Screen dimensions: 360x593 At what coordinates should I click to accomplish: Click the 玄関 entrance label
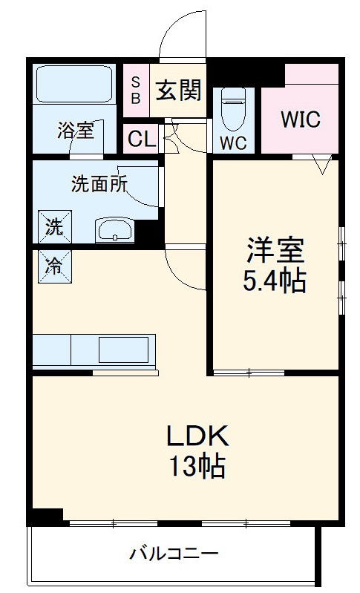click(x=178, y=91)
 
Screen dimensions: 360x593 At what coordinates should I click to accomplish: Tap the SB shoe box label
click(x=136, y=91)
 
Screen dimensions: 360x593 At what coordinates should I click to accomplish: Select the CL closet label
click(x=142, y=140)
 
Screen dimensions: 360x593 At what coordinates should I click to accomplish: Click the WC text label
click(x=233, y=143)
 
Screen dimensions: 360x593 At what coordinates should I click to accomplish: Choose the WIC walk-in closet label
click(x=301, y=119)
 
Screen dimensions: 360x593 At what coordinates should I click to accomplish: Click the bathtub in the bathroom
click(x=74, y=85)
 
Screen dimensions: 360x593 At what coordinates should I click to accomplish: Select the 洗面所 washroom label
click(x=99, y=184)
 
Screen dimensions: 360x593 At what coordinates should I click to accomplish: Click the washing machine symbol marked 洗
click(x=55, y=227)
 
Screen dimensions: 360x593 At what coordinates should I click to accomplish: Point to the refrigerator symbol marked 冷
click(x=55, y=266)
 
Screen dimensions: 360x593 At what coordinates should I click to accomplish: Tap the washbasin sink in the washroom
click(x=114, y=231)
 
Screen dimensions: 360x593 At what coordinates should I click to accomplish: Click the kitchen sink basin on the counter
click(x=124, y=350)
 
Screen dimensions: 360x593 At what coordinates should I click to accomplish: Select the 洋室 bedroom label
click(x=275, y=250)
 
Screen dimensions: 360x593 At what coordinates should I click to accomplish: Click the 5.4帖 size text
click(x=275, y=281)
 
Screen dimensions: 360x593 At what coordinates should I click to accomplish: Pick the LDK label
click(x=197, y=436)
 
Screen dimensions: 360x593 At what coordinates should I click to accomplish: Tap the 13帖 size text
click(x=197, y=466)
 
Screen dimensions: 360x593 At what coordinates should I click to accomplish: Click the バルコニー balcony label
click(x=174, y=554)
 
